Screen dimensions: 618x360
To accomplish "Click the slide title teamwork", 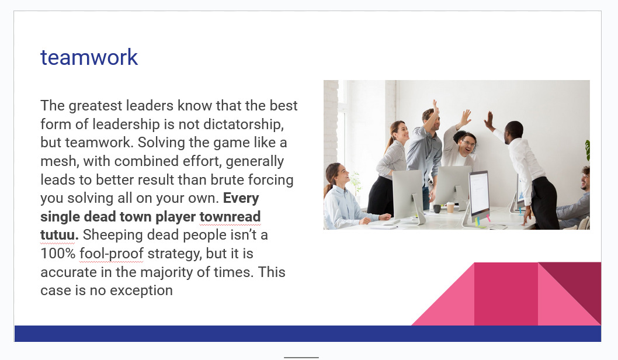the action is (x=89, y=58).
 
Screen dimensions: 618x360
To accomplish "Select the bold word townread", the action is (x=230, y=216).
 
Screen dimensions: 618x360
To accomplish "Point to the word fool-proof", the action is (x=112, y=254).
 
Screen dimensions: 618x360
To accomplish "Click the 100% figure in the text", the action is (x=58, y=254).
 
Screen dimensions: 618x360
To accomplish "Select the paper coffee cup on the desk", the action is (x=450, y=207).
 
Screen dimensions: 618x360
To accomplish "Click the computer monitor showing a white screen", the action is (x=479, y=193).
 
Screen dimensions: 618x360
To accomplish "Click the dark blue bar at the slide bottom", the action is (x=308, y=334).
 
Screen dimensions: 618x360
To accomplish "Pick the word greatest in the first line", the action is (x=95, y=106).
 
